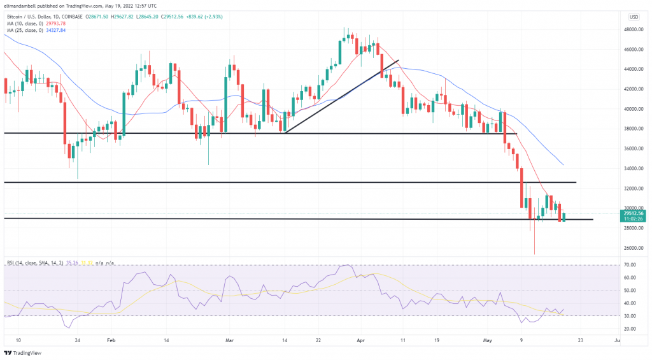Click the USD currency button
[634, 17]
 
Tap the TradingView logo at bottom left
[22, 352]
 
